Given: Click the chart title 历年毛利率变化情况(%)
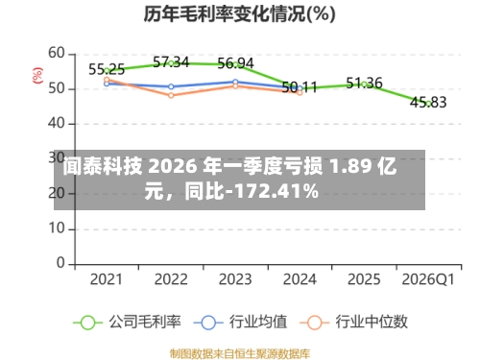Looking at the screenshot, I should tap(240, 14).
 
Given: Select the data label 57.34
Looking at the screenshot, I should tap(171, 62).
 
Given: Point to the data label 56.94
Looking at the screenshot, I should tap(235, 63).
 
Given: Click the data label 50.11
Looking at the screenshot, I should tap(300, 87).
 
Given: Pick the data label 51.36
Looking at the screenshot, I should tap(364, 83).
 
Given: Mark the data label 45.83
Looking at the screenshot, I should tap(428, 102).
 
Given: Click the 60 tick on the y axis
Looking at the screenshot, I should tap(57, 53).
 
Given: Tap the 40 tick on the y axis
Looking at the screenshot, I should tap(57, 123).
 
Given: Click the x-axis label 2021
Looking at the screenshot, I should tap(107, 279).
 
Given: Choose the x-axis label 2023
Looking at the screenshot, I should tap(235, 279).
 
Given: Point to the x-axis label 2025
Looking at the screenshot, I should tap(364, 279).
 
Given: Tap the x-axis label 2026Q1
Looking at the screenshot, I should tap(428, 279).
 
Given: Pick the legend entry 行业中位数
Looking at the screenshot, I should tap(364, 322).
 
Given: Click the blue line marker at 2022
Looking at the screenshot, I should tap(171, 86).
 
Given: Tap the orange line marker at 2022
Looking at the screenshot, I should tap(171, 95).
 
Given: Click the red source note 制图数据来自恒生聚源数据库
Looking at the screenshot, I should tap(240, 351).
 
